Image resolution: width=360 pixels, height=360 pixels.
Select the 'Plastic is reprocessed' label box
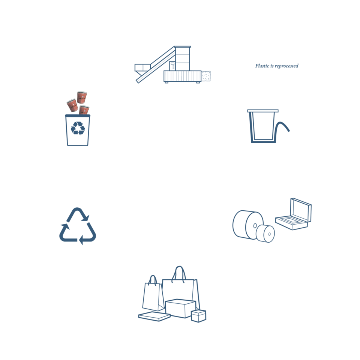(277, 66)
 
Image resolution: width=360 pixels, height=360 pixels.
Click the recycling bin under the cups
(78, 130)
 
